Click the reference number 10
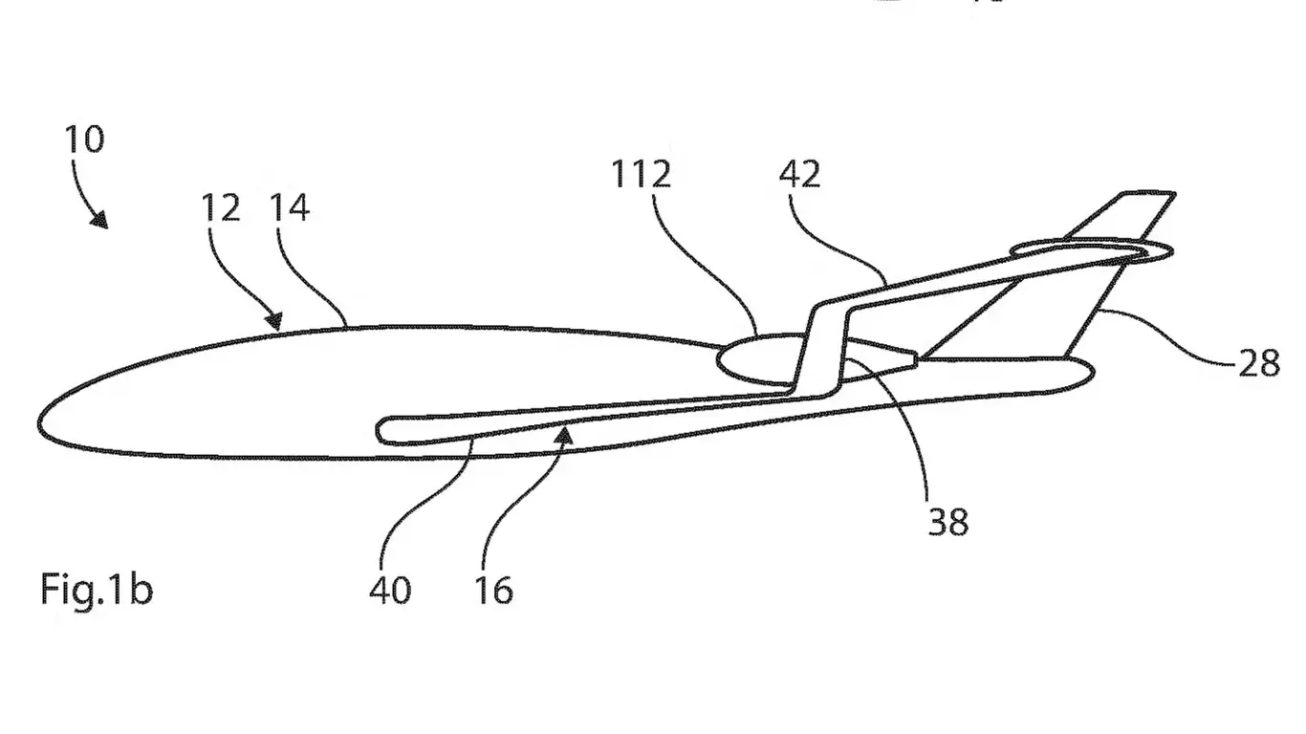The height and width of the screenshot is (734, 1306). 84,140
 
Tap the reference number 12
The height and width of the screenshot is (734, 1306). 221,207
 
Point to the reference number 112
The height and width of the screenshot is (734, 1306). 642,175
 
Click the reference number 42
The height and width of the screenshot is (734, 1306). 800,175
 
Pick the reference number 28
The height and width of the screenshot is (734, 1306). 1258,363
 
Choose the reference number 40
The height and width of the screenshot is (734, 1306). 390,590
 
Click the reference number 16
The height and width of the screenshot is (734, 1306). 493,590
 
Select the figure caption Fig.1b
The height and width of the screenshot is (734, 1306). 96,590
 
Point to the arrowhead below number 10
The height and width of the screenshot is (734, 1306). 98,222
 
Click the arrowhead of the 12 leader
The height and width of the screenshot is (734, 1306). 276,322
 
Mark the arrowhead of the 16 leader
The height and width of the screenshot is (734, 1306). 568,436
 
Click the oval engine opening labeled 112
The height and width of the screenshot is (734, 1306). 760,357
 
